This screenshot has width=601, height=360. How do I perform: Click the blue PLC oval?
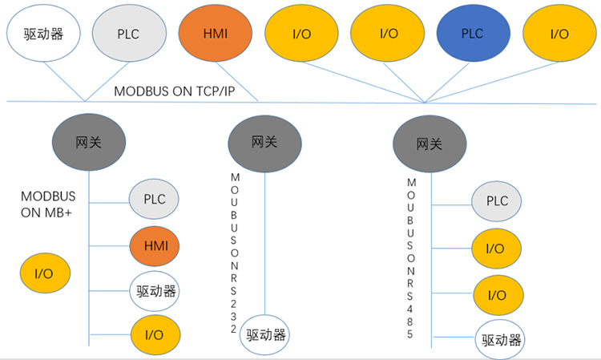(473, 34)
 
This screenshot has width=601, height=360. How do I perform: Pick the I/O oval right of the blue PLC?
(559, 34)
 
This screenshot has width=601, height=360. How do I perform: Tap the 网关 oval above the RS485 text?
(430, 144)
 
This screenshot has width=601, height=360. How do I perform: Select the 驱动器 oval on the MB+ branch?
(155, 289)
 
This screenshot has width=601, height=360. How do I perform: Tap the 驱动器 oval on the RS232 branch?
(264, 334)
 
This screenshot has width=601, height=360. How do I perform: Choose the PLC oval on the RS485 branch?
(497, 201)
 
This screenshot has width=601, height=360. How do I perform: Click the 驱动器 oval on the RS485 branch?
(502, 340)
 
